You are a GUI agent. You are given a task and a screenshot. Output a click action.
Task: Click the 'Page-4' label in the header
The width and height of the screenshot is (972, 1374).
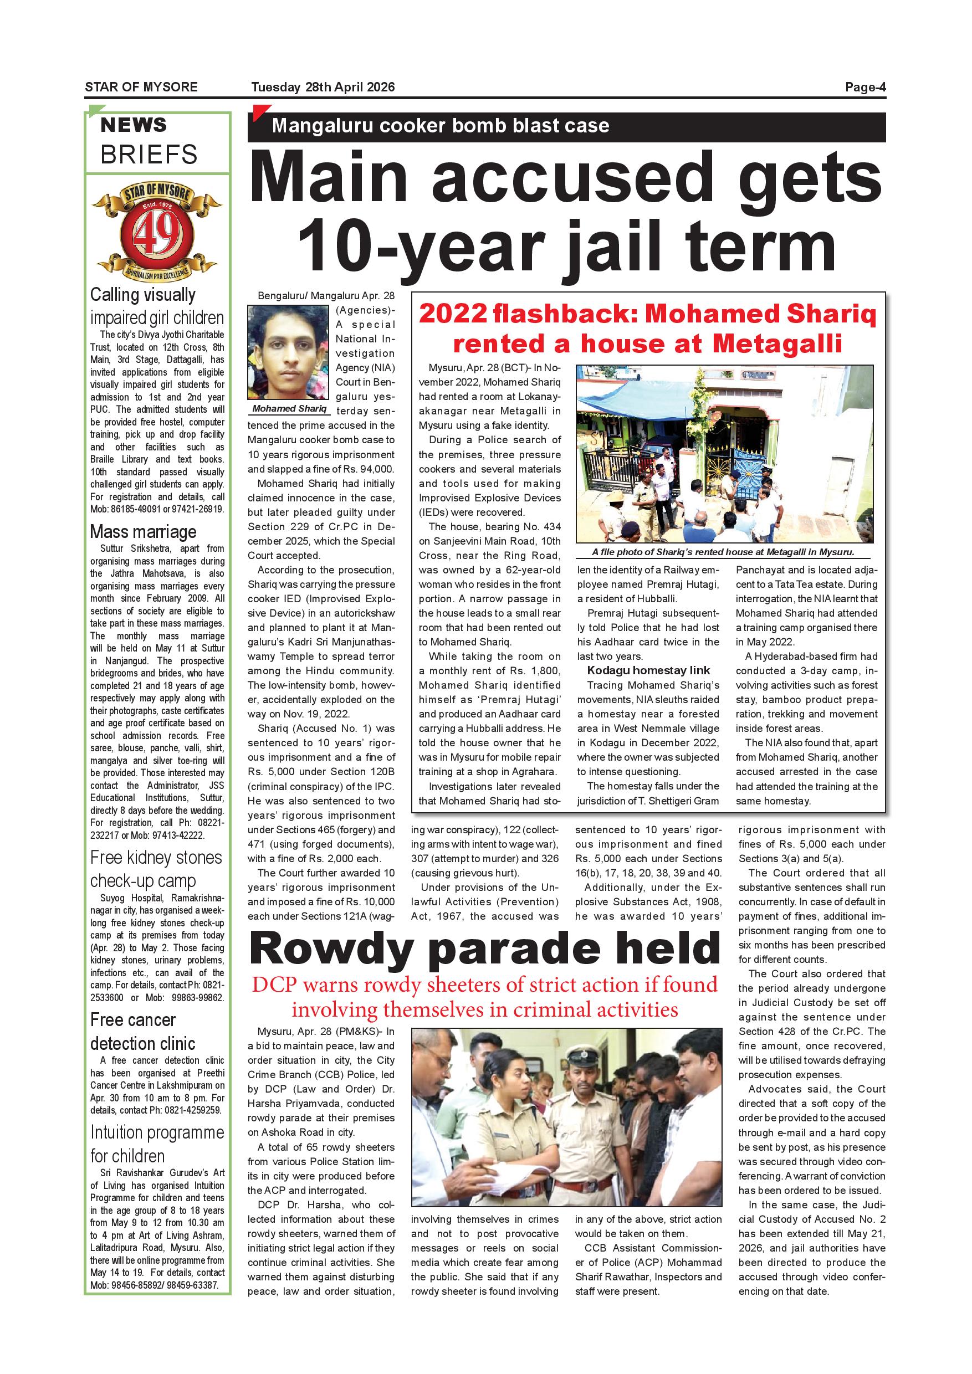pos(865,88)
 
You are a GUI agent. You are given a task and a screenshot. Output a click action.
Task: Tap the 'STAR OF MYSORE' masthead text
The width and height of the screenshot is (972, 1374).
pos(141,88)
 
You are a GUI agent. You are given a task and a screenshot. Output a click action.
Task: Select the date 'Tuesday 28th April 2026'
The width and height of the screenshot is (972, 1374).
pos(323,88)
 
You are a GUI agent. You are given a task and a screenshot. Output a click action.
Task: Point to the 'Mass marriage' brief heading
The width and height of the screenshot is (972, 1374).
pos(143,531)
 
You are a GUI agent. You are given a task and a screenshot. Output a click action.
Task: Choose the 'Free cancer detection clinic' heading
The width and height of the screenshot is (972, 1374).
pos(142,1032)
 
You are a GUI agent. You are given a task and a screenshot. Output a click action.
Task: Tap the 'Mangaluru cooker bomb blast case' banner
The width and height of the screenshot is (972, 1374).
pos(441,126)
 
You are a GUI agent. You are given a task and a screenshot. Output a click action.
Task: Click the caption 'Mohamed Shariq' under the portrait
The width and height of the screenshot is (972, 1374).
pos(289,409)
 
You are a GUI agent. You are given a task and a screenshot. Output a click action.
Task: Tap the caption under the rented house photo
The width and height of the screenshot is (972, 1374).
pos(723,552)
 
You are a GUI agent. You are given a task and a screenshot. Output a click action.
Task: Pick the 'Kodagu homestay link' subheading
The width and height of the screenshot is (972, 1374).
pos(648,670)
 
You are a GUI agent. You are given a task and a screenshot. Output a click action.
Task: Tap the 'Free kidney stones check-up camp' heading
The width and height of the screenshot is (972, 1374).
pos(156,869)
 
